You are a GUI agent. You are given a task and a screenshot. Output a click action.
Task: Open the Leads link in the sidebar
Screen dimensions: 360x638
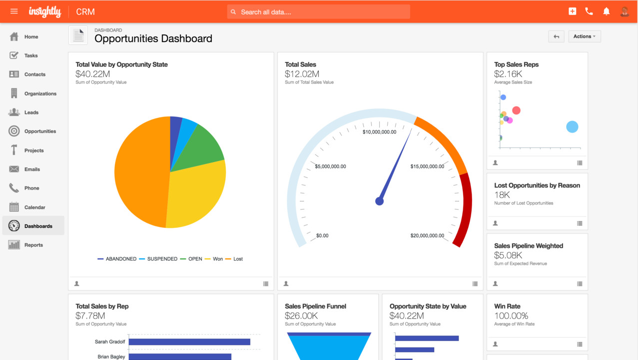[x=31, y=112]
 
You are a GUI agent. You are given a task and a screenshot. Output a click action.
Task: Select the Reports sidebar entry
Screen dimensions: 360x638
[x=33, y=245]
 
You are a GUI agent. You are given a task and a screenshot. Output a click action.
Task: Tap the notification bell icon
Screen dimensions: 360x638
[x=606, y=11]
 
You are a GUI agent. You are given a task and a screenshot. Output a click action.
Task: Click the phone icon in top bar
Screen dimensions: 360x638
[x=589, y=11]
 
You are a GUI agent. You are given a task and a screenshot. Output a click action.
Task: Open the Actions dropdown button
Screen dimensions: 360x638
[x=584, y=36]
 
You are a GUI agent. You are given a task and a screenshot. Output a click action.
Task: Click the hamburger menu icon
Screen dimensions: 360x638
[x=14, y=11]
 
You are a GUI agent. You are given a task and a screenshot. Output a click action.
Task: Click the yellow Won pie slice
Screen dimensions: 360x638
[x=195, y=195]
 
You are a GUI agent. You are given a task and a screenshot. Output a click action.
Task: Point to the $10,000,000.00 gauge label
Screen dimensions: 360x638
[x=379, y=132]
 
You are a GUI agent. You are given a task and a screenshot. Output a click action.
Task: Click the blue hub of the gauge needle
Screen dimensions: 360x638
[x=379, y=201]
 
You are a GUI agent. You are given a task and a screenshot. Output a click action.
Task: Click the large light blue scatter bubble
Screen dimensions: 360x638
[x=572, y=127]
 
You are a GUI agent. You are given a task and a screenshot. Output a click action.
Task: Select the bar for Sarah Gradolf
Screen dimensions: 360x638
[x=189, y=342]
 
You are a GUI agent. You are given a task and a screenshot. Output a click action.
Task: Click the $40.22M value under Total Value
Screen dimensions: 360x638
[x=92, y=74]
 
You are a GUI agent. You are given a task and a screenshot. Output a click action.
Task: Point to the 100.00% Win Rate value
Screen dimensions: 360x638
[x=511, y=316]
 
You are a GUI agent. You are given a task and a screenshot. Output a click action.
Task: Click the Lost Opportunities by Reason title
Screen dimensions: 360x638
[x=537, y=185]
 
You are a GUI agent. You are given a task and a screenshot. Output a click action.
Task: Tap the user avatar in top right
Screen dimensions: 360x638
[x=624, y=11]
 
